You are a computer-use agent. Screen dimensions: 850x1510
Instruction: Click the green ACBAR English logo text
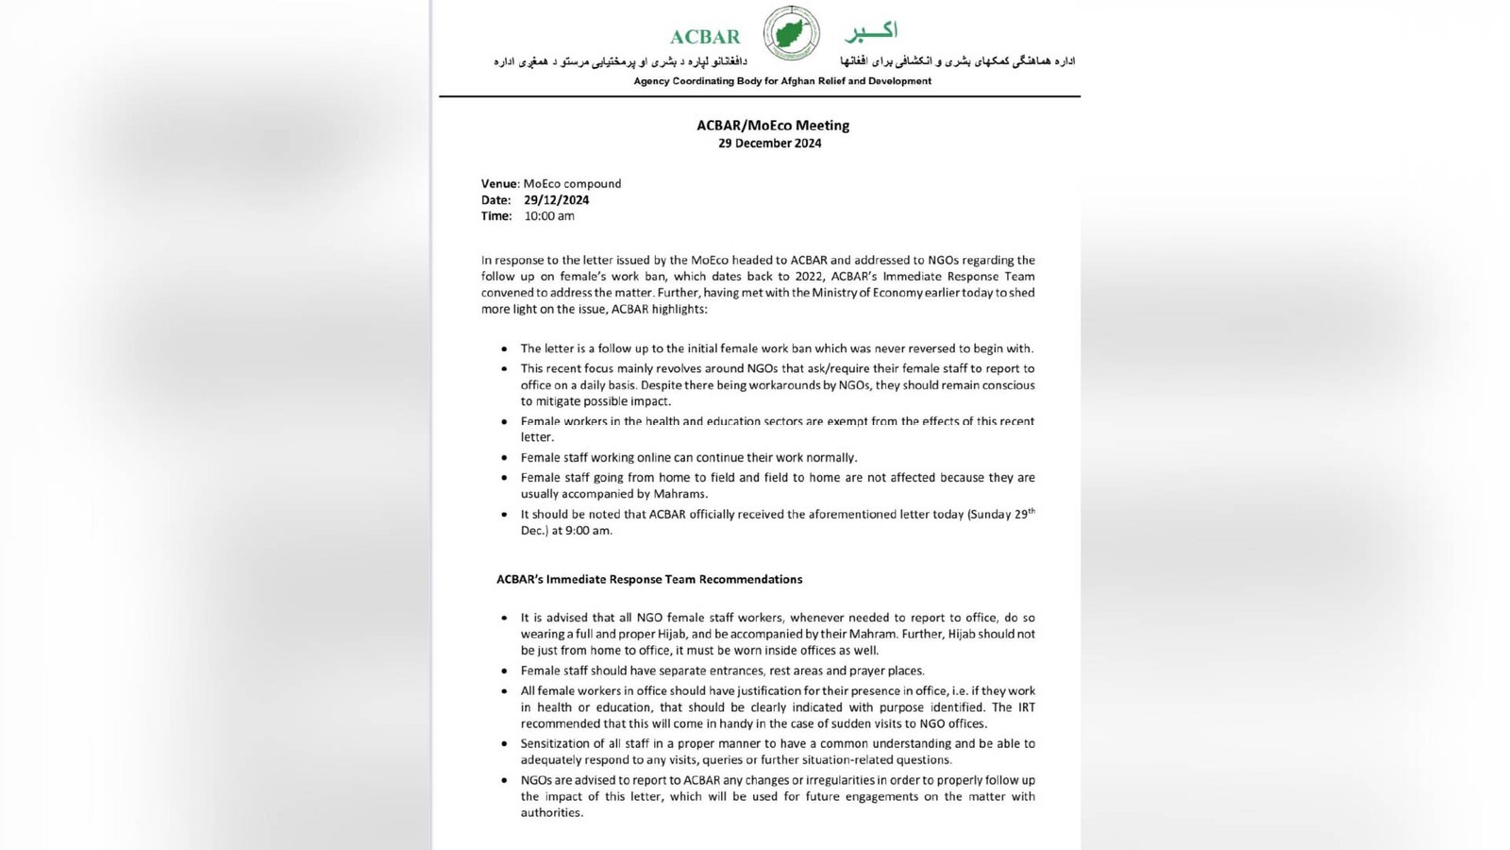(705, 37)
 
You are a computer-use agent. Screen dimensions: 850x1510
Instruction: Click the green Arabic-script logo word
(869, 32)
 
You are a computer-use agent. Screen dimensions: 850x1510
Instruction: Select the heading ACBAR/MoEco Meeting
(773, 125)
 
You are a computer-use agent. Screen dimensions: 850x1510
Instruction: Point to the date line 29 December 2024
(769, 144)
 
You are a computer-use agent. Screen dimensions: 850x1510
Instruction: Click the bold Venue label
(499, 184)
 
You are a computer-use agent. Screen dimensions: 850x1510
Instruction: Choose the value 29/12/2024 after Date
(557, 200)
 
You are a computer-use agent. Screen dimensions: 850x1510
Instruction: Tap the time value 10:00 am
(549, 216)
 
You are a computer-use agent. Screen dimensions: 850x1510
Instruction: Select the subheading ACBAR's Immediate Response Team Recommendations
(649, 579)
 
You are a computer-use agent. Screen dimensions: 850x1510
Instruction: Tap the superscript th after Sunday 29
(1031, 511)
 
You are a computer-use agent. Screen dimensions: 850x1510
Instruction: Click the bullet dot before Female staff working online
(505, 458)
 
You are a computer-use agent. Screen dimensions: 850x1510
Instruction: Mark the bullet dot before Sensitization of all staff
(505, 744)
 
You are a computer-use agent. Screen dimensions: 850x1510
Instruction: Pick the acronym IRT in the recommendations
(1026, 707)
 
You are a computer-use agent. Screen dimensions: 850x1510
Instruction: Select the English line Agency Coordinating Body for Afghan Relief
(782, 81)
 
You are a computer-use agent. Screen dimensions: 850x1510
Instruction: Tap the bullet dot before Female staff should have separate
(505, 671)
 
